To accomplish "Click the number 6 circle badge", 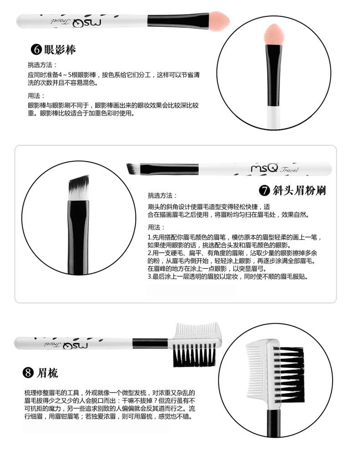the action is click(36, 49).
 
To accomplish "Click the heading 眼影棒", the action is click(60, 49).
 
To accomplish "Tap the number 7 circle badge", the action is click(264, 191).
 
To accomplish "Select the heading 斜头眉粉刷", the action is click(299, 191).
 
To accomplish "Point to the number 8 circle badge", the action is click(28, 373).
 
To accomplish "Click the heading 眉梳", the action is click(47, 373).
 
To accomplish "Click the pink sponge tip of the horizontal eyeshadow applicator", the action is click(220, 21).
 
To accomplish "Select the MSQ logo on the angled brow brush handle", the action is click(264, 168).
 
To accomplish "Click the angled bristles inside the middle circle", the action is click(79, 187).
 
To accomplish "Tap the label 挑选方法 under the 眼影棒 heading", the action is click(41, 65).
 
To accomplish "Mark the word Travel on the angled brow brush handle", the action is click(289, 170).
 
